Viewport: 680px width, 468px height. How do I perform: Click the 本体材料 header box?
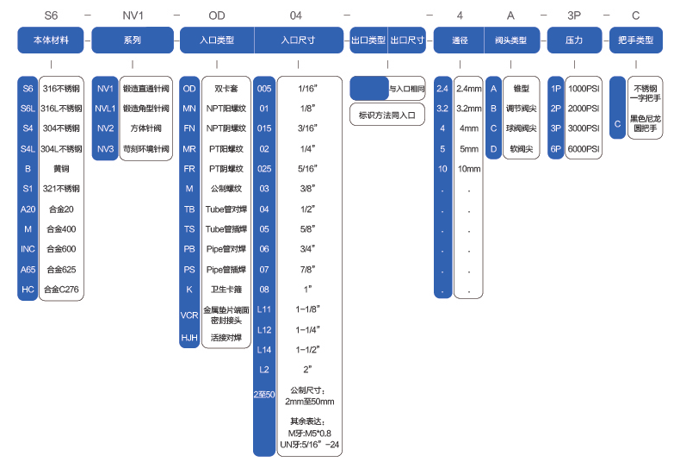coord(51,40)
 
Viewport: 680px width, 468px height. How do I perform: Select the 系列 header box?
coord(132,40)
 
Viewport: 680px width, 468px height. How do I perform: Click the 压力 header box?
coord(574,40)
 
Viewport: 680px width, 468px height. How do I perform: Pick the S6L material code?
coord(28,109)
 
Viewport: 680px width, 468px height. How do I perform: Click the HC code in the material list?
coord(28,290)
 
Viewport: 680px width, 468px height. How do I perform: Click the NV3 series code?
coord(105,148)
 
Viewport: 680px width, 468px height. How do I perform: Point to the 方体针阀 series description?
coord(145,128)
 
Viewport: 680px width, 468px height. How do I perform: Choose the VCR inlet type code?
coord(189,315)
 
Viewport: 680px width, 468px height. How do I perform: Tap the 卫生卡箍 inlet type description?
coord(227,290)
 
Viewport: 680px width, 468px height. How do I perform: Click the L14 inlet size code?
coord(264,349)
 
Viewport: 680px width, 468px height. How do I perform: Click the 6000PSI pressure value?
coord(584,148)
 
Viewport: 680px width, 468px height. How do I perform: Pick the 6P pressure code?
coord(556,148)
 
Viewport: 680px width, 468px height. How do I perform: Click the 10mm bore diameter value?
coord(469,169)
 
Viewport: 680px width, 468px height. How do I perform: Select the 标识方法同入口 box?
coord(387,114)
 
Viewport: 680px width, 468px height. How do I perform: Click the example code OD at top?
coord(217,15)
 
